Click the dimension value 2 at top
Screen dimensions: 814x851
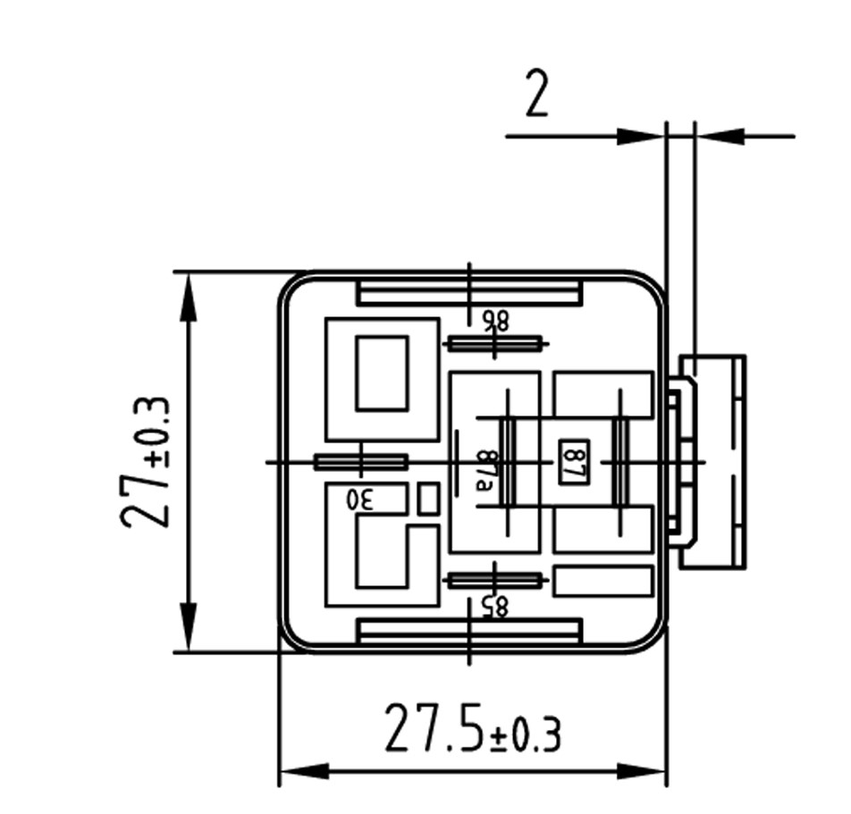pos(535,97)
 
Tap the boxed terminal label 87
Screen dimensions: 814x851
pos(572,462)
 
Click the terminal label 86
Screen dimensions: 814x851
pos(494,321)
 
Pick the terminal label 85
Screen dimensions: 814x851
pos(494,607)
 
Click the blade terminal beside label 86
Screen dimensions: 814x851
pos(493,343)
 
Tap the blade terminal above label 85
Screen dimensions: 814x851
pos(493,581)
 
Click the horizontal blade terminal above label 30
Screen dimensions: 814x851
pos(360,462)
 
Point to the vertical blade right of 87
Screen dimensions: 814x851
pos(619,462)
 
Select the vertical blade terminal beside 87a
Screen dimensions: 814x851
pos(508,462)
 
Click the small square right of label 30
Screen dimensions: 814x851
pos(428,499)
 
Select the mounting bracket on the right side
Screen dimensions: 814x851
pos(712,461)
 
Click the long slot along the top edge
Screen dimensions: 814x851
pos(469,292)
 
